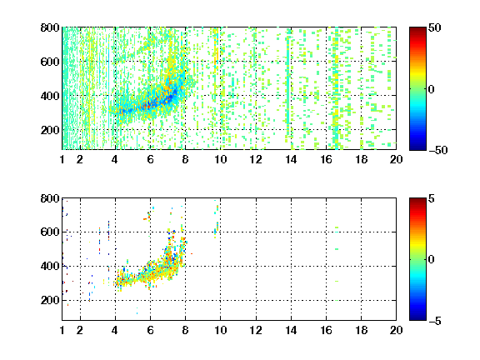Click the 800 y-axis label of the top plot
(50, 27)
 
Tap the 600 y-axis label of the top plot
(50, 62)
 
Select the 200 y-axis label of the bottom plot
(50, 300)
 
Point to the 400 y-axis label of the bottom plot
(50, 266)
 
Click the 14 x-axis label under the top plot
(291, 159)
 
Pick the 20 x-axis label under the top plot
(396, 159)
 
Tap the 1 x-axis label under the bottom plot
(62, 330)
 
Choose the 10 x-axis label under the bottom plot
(220, 330)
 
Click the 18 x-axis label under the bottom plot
(361, 330)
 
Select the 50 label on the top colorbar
(435, 27)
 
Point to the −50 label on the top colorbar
(438, 150)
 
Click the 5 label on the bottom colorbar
(432, 198)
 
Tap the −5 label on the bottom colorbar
(435, 321)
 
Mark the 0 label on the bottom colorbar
(432, 260)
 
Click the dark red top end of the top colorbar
(417, 29)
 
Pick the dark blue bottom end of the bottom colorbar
(417, 318)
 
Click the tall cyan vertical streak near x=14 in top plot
(287, 84)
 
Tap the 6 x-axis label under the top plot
(150, 159)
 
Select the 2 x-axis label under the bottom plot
(80, 330)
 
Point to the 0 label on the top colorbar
(432, 89)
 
